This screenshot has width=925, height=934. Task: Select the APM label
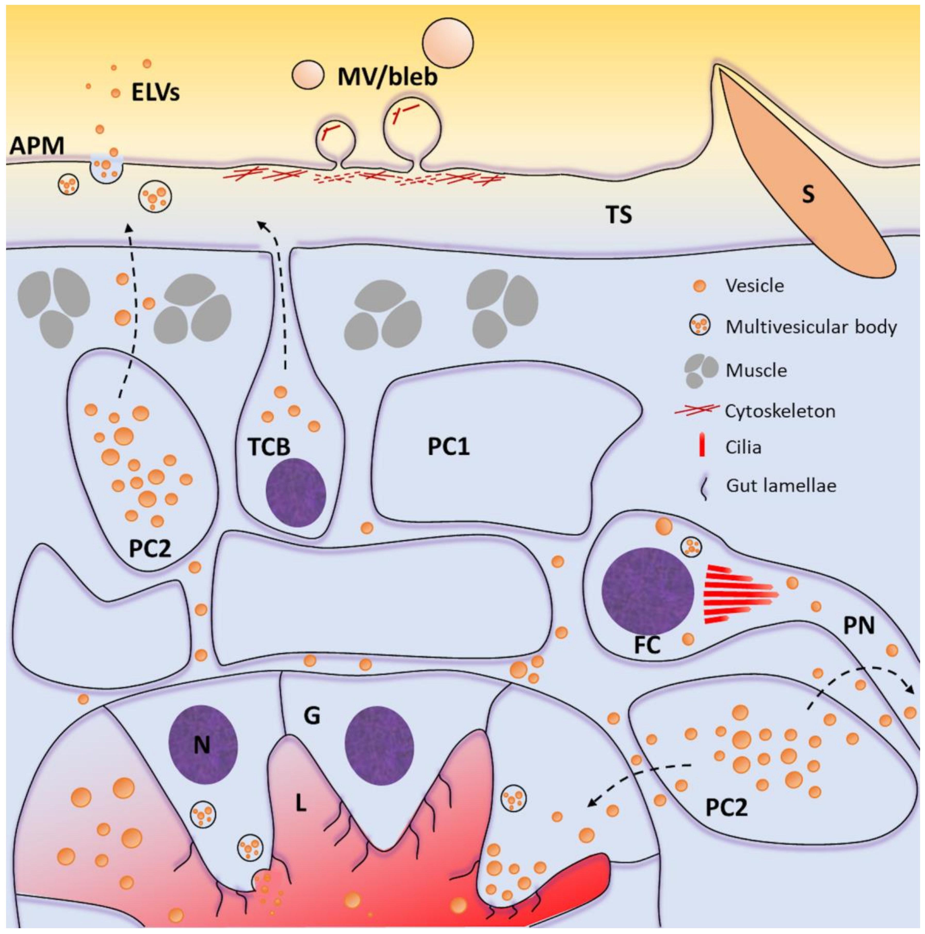click(37, 145)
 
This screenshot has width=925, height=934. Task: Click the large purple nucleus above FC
click(648, 591)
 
